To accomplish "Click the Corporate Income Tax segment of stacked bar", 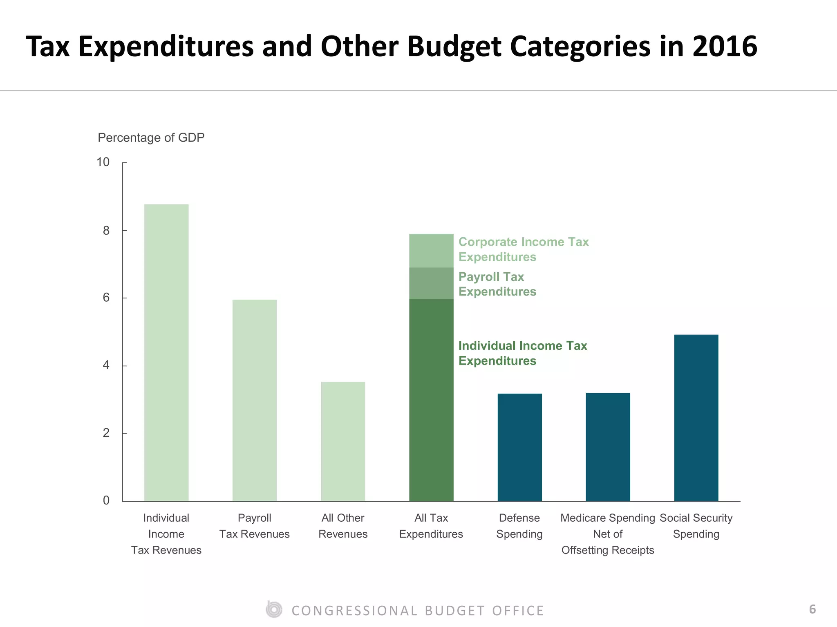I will pyautogui.click(x=431, y=251).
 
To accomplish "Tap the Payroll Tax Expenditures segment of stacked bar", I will pyautogui.click(x=431, y=283).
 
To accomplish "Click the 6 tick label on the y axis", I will pyautogui.click(x=106, y=298).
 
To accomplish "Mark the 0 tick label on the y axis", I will pyautogui.click(x=106, y=500).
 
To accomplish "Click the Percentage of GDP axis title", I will pyautogui.click(x=151, y=138).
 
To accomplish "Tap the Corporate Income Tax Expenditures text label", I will pyautogui.click(x=523, y=249).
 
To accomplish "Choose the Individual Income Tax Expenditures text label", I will pyautogui.click(x=522, y=353).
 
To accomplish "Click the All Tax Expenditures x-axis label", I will pyautogui.click(x=431, y=526).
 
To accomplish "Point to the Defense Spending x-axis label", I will pyautogui.click(x=519, y=526).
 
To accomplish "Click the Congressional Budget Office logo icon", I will pyautogui.click(x=274, y=610).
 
